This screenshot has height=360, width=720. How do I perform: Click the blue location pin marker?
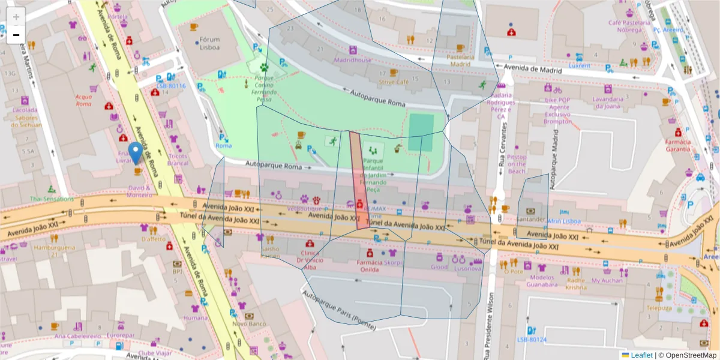pos(136,152)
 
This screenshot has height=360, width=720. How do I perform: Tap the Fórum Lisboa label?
pos(209,44)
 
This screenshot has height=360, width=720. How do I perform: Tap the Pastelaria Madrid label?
pos(460,60)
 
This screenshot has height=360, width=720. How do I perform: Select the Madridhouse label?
pos(353,60)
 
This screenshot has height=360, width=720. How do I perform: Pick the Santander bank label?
pos(530,220)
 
